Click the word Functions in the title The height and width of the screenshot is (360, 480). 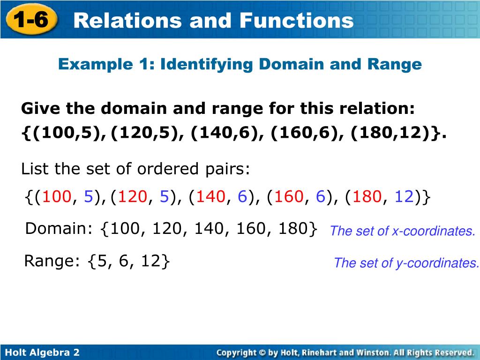tap(296, 20)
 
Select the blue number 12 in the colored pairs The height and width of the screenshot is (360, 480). tap(404, 197)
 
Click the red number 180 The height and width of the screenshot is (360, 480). tap(367, 197)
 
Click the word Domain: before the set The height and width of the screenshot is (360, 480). tap(60, 229)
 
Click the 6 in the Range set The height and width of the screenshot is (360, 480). tap(123, 261)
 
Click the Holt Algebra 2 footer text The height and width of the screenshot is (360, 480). tap(42, 352)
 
